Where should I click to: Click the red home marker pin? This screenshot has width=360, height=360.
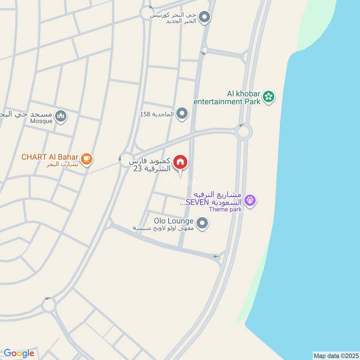tap(180, 162)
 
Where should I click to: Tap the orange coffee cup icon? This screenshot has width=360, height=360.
tap(87, 158)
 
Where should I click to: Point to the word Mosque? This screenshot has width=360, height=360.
tap(41, 121)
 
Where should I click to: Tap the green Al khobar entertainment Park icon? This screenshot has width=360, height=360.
tap(269, 96)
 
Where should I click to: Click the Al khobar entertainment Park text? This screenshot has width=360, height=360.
tap(227, 98)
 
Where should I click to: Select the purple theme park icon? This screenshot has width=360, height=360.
tap(251, 199)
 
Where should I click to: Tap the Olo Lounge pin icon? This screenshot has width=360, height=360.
tap(202, 222)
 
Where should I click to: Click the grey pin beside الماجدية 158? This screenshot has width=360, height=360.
tap(182, 114)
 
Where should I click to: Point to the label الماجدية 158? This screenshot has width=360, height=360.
tap(157, 114)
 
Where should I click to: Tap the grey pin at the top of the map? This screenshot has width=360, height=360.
tap(205, 18)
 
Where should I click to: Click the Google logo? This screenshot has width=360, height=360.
tap(19, 353)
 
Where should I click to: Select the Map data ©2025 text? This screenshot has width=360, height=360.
tap(335, 355)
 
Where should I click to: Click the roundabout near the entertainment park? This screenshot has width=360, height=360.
tap(243, 132)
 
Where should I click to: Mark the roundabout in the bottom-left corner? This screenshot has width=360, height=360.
tap(48, 306)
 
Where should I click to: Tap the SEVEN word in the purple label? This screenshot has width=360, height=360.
tap(197, 202)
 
